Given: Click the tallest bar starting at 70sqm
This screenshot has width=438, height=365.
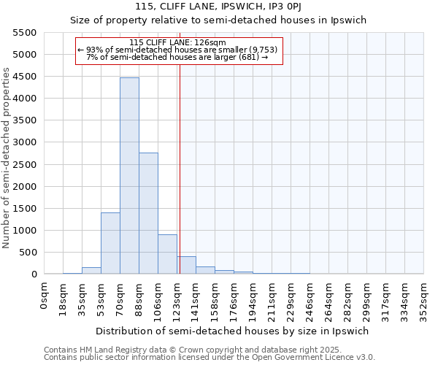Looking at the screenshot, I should pos(129,175).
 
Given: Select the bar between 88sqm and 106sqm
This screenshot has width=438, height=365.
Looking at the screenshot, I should pos(148,213).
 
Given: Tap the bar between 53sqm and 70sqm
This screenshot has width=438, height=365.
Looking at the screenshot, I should pos(110,243).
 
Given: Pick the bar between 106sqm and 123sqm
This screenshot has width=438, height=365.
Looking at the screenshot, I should pos(167,254).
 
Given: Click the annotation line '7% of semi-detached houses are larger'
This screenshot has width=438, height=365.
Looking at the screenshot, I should pos(177,56).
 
